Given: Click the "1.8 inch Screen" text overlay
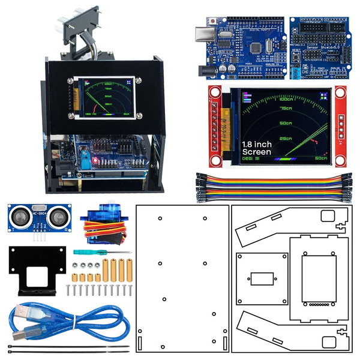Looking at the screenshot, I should [x=257, y=148].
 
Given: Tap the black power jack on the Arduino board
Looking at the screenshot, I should [x=208, y=70].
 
